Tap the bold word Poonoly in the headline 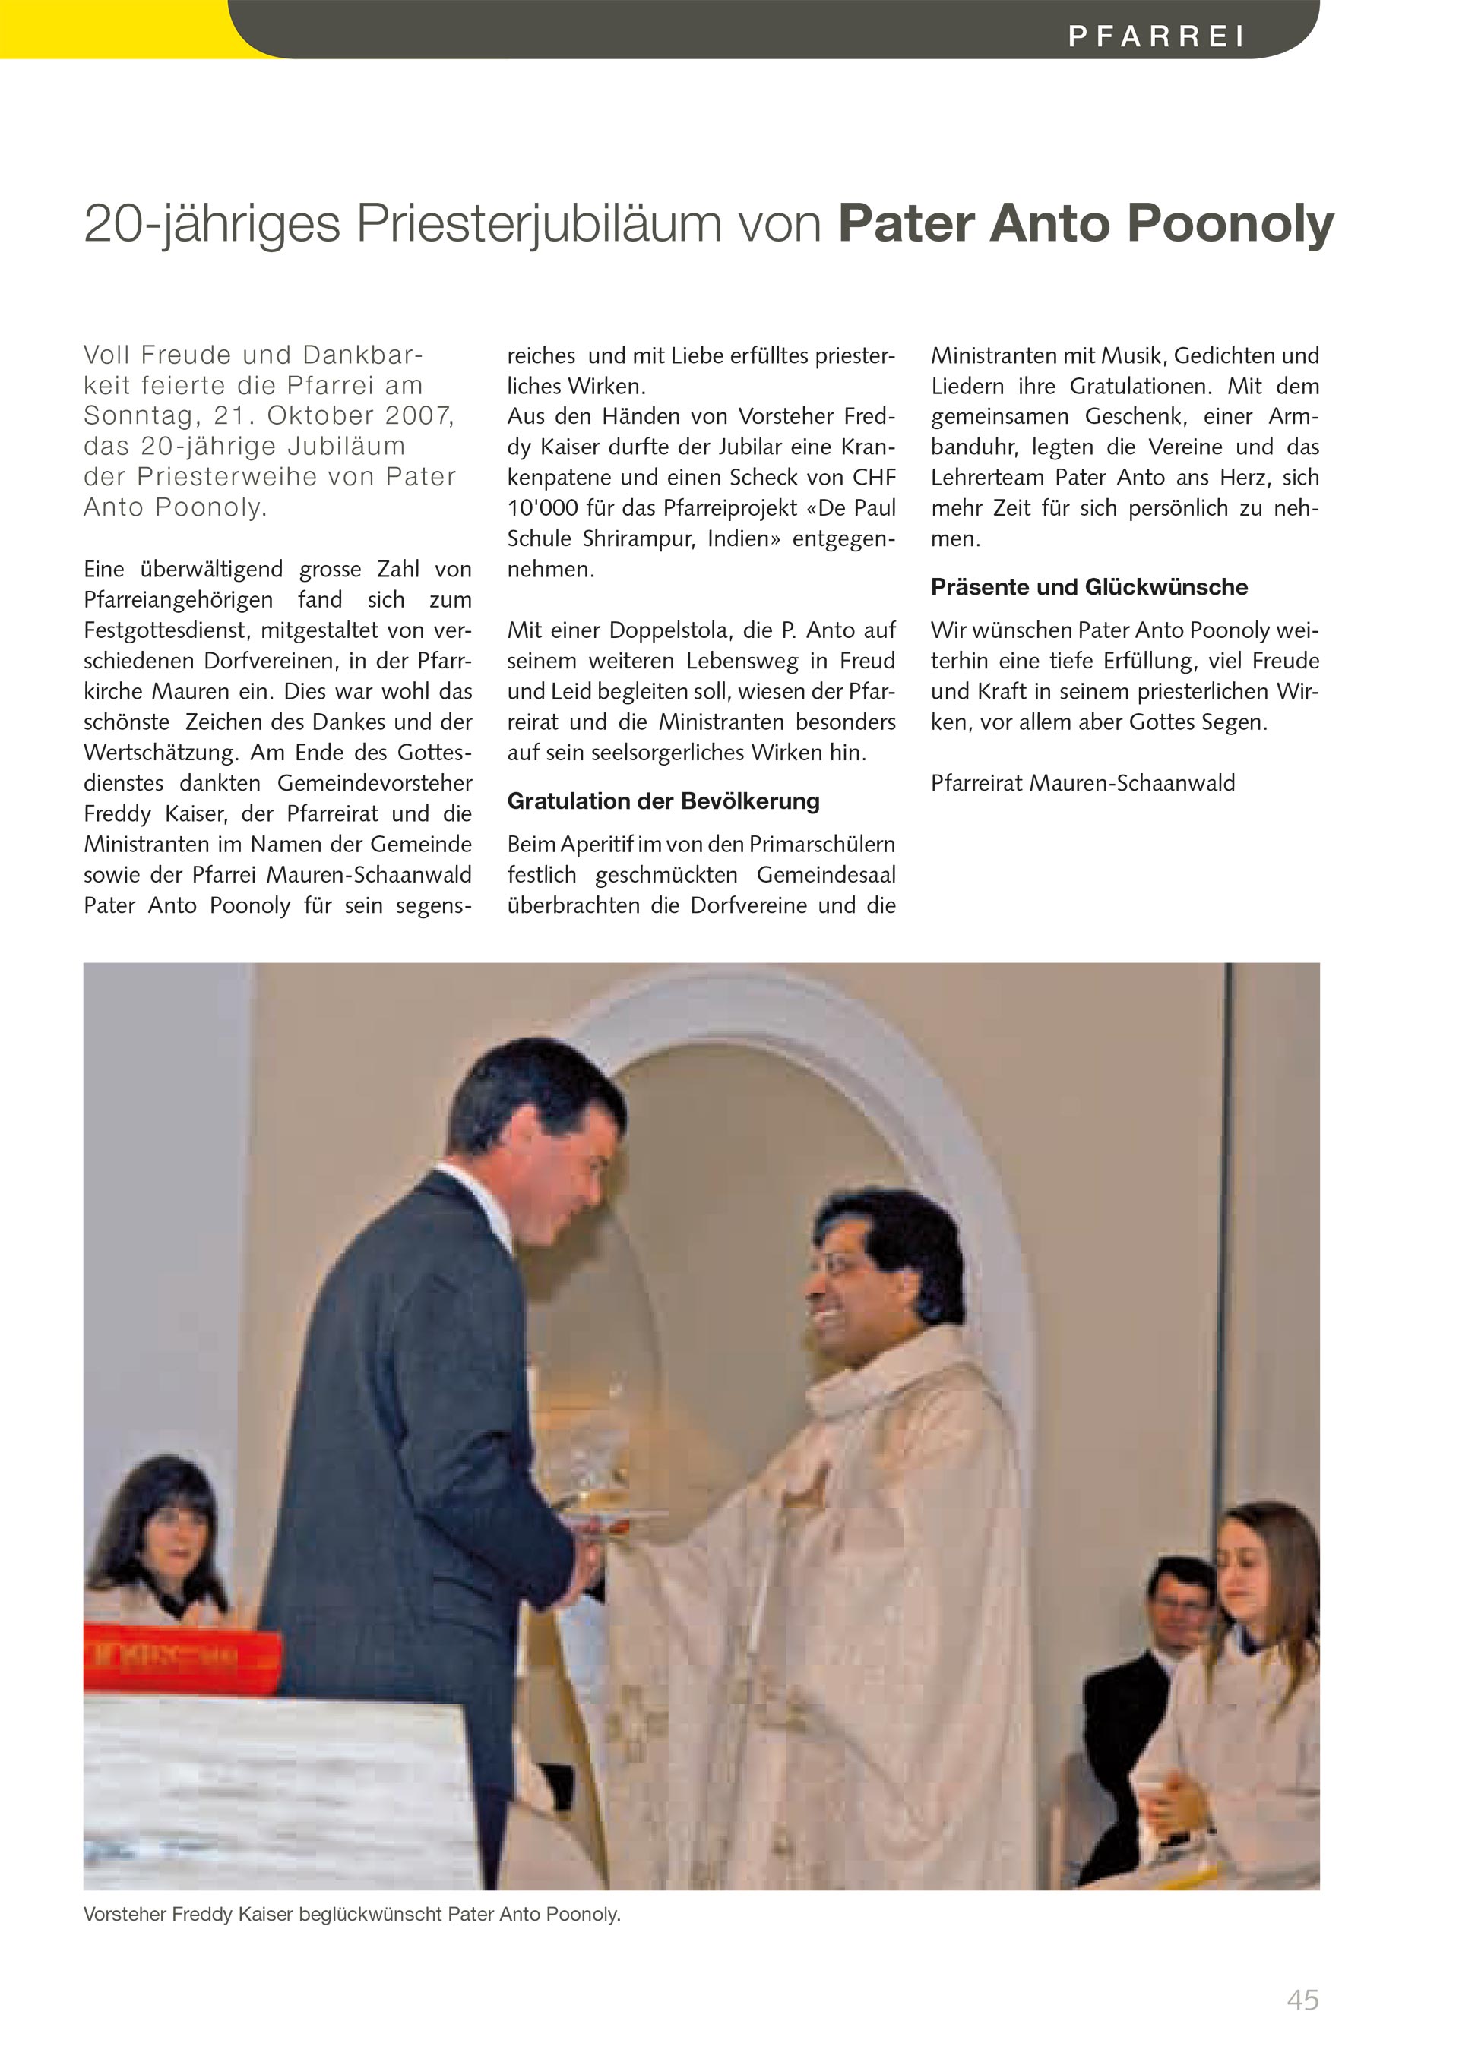[1230, 223]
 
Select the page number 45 [1302, 2000]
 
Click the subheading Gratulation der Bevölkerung [663, 801]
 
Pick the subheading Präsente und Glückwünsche [1089, 587]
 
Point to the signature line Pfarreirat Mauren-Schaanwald [1083, 783]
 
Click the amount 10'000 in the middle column [543, 508]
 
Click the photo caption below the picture [351, 1914]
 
